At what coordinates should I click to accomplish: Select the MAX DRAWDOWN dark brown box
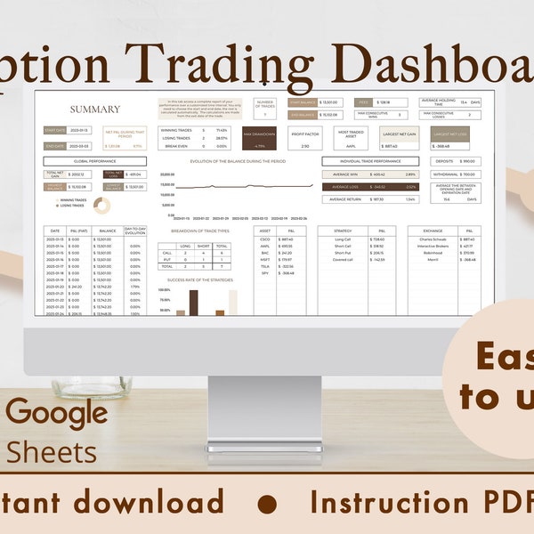(260, 138)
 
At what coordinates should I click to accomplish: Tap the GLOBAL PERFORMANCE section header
(85, 162)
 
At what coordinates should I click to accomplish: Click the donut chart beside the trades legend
(101, 205)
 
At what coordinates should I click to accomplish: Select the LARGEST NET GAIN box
(401, 137)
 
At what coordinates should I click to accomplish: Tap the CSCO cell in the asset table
(264, 239)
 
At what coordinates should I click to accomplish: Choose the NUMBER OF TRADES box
(264, 108)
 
